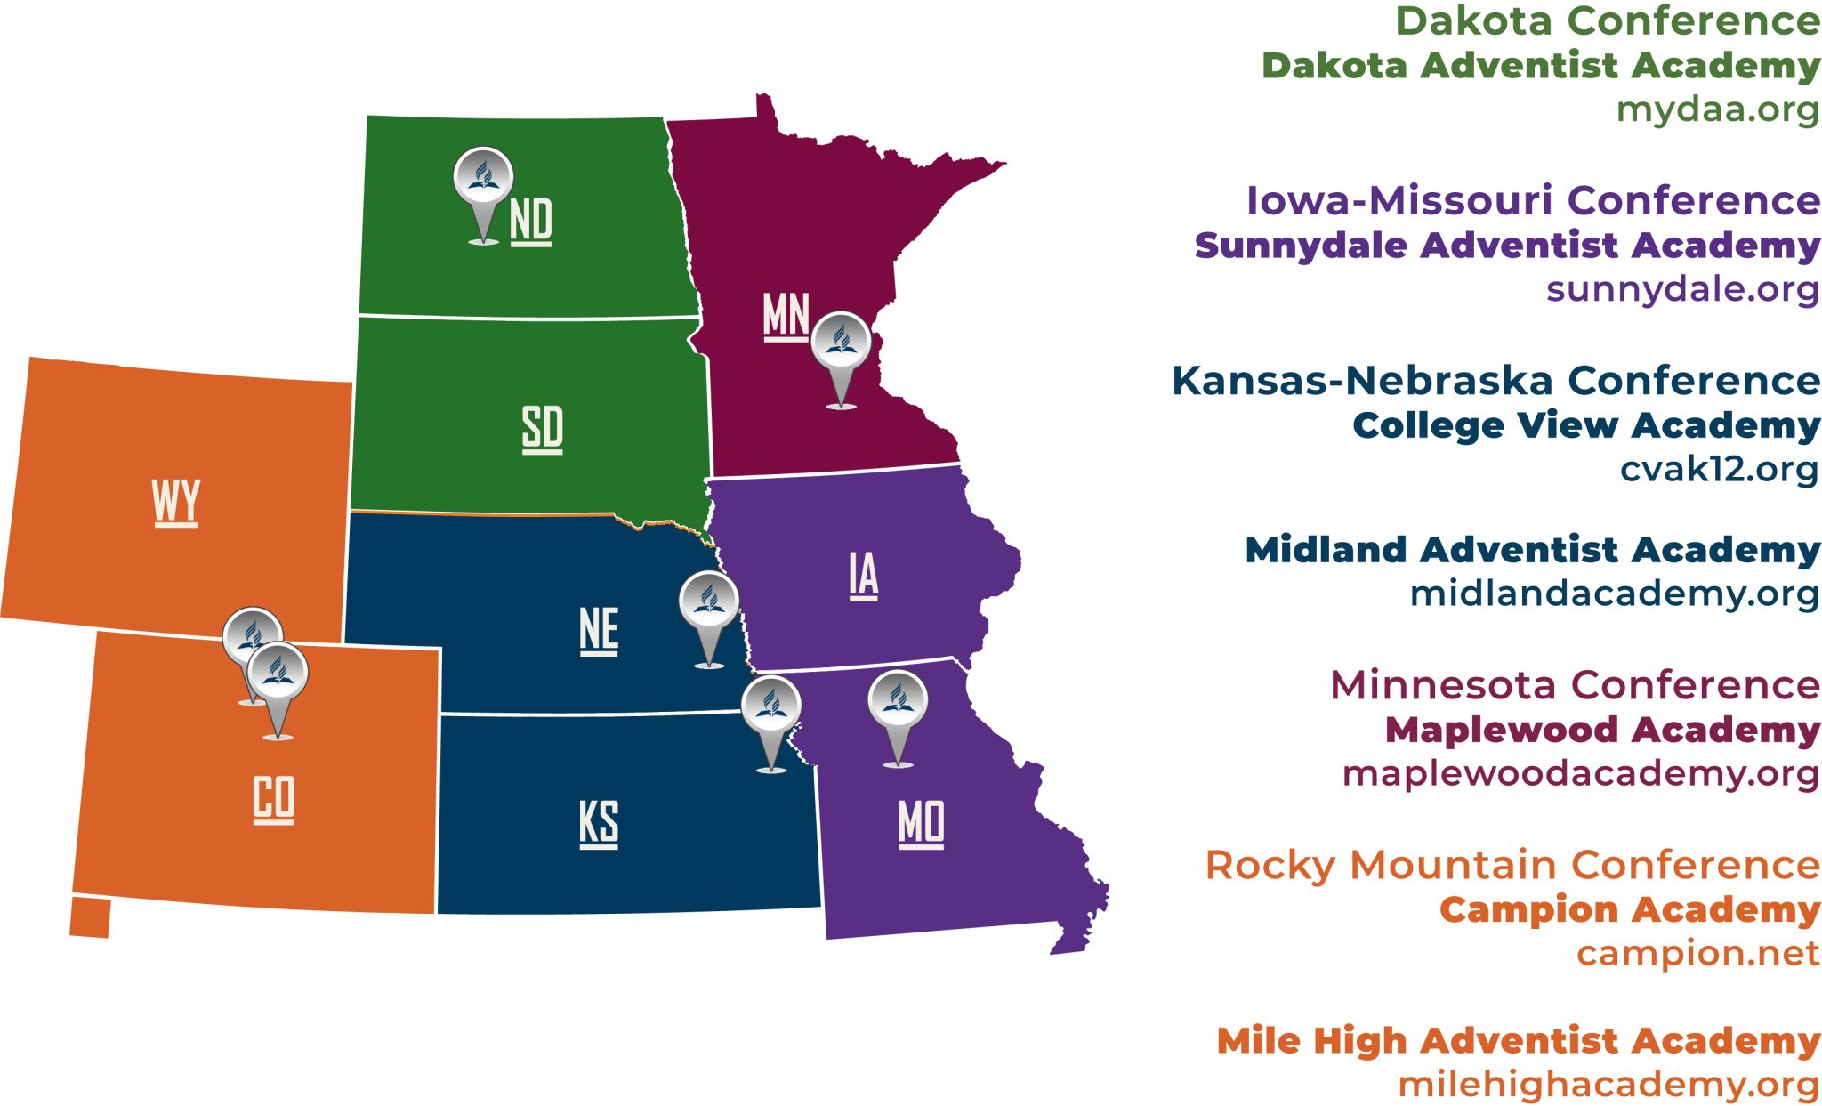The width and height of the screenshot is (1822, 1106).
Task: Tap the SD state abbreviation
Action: point(542,428)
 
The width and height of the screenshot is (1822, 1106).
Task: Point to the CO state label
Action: point(274,798)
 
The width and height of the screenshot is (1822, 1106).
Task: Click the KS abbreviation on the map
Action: point(599,823)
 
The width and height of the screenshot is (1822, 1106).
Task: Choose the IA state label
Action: point(863,575)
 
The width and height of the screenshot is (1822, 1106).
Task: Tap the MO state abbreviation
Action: point(922,823)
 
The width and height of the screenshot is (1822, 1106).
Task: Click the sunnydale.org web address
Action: point(1682,289)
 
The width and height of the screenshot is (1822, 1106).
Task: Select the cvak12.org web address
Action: point(1719,469)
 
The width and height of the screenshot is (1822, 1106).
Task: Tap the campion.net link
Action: point(1697,953)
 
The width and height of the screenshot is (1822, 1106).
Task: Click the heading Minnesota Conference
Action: point(1575,685)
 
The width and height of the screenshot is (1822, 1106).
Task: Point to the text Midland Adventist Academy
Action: point(1532,550)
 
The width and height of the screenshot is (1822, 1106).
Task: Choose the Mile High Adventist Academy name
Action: point(1518,1040)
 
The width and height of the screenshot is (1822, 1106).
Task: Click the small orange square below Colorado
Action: point(90,917)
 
